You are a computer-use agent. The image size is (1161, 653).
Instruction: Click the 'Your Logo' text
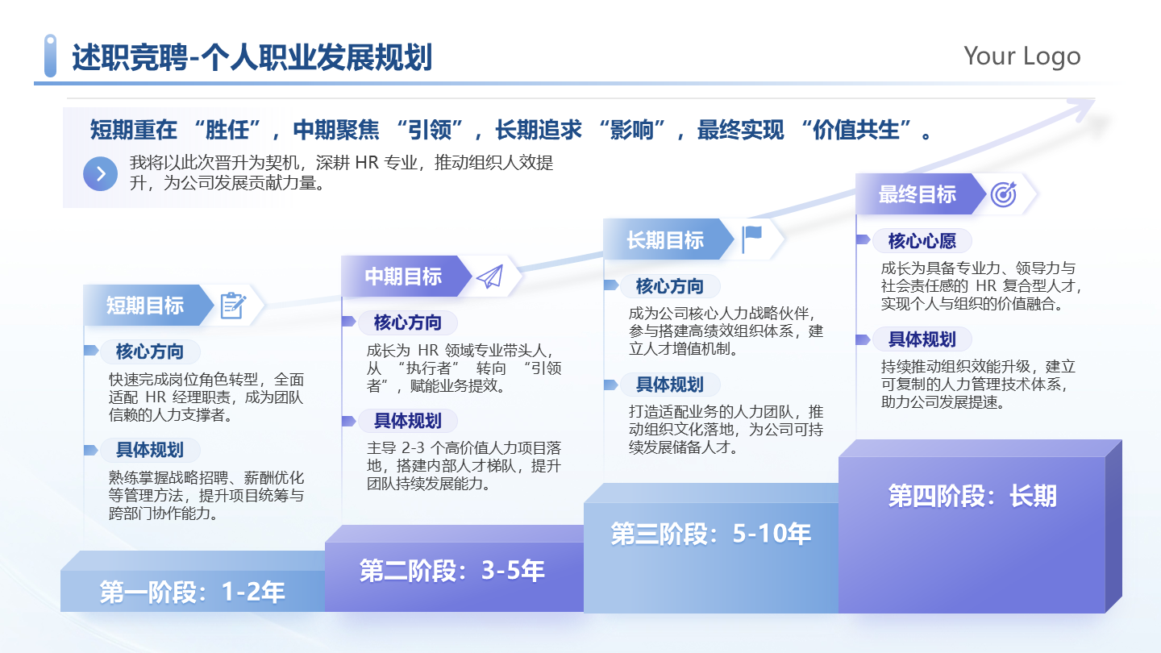tap(1022, 56)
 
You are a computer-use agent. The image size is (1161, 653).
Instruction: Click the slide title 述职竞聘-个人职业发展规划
tap(252, 58)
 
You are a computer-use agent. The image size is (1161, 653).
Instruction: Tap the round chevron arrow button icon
tap(101, 173)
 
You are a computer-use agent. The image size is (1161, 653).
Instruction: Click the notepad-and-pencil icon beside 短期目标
tap(232, 306)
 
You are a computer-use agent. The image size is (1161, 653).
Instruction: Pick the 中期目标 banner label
tap(403, 277)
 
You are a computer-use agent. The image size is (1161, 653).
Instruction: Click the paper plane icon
tap(489, 277)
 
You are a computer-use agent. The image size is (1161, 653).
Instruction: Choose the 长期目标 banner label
tap(665, 239)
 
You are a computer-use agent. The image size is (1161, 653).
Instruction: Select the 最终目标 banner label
tap(917, 194)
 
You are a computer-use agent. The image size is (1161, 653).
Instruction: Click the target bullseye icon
tap(1003, 193)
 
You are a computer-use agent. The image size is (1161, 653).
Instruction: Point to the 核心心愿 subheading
tap(922, 241)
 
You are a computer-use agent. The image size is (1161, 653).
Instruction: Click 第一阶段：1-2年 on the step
tap(192, 593)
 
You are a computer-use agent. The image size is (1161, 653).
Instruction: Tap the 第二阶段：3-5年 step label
tap(452, 571)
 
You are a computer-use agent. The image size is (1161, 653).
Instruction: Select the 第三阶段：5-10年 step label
tap(710, 533)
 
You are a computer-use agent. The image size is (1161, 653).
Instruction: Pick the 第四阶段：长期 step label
tap(972, 496)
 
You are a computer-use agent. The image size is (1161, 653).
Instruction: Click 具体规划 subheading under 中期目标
tap(407, 421)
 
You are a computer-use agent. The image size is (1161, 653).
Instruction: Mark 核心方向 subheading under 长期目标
tap(669, 286)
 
